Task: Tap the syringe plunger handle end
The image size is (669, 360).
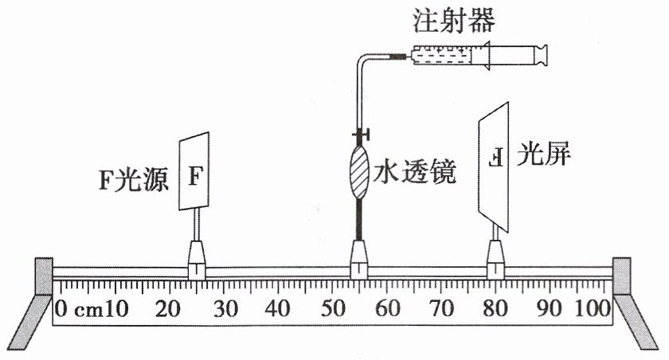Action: (541, 55)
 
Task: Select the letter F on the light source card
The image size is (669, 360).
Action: (195, 176)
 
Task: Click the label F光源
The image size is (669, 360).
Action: (134, 179)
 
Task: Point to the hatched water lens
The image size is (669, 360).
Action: (359, 172)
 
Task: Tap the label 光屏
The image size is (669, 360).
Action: (543, 153)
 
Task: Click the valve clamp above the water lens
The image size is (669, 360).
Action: (361, 135)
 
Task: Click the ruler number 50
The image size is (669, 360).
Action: (333, 308)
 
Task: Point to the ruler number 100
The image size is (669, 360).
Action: (593, 308)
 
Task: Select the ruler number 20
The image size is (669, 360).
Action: (168, 308)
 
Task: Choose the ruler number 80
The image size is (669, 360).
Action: (495, 308)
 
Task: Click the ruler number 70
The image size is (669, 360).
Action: (441, 308)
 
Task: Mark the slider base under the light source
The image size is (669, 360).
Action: (197, 260)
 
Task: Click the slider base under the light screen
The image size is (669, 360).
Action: (495, 260)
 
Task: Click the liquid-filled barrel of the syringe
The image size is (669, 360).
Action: (441, 56)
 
